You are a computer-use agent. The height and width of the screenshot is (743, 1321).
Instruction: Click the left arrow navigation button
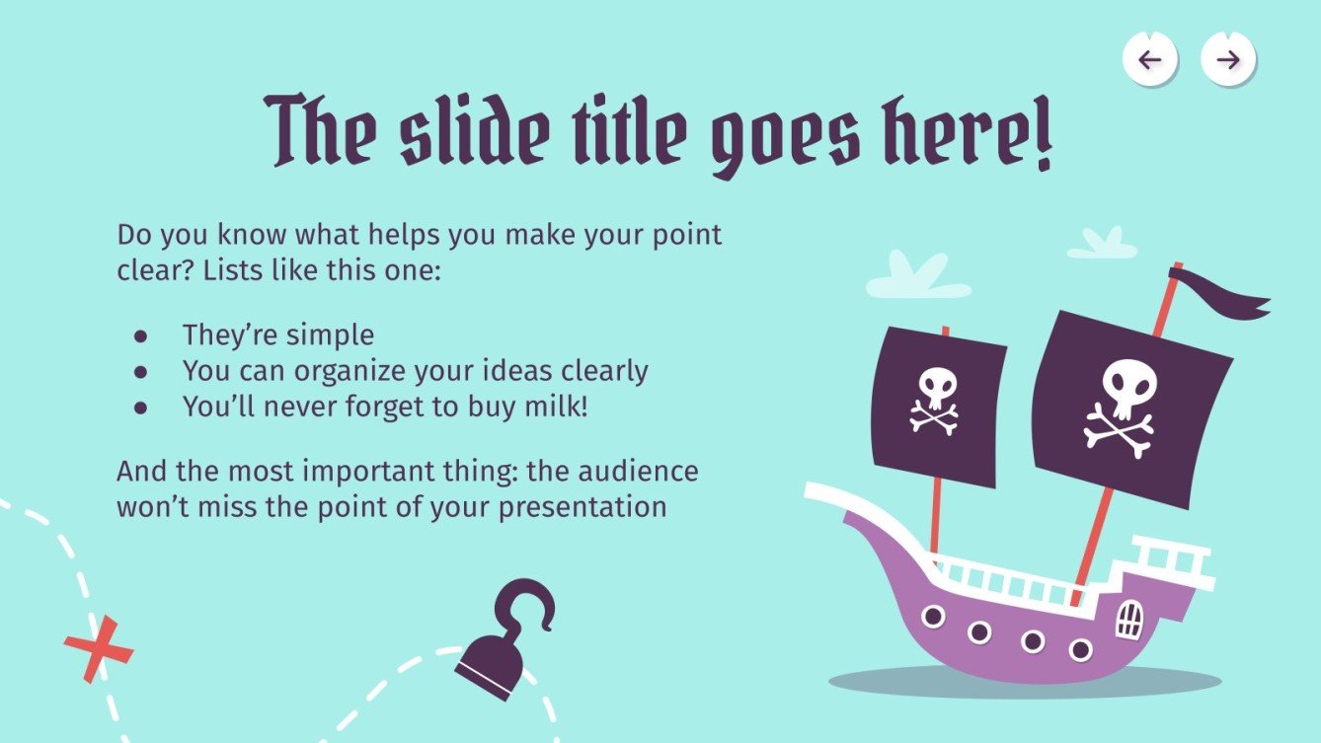click(x=1150, y=60)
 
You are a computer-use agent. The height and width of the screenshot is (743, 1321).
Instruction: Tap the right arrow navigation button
click(x=1227, y=60)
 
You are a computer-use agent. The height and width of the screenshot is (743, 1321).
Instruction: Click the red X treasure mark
click(x=99, y=648)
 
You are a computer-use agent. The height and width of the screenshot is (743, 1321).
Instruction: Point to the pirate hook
click(x=504, y=640)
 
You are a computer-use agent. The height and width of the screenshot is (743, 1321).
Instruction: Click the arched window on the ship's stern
click(x=1128, y=620)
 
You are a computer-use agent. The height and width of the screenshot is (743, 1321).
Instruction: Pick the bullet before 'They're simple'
click(x=140, y=335)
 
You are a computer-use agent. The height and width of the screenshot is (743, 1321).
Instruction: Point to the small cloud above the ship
click(x=1102, y=244)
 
